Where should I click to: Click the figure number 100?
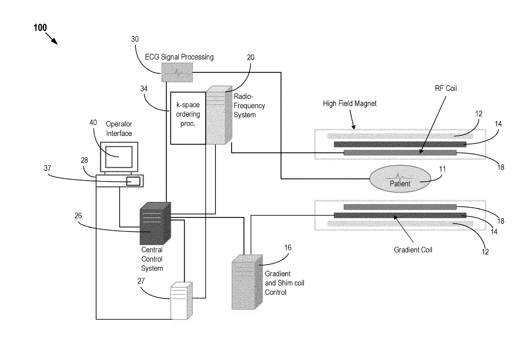click(x=40, y=28)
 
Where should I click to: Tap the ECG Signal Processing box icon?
click(x=177, y=72)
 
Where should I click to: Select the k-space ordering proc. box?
click(x=188, y=118)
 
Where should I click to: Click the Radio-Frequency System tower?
click(x=219, y=115)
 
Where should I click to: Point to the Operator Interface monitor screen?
click(x=119, y=157)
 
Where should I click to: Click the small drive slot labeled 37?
click(x=133, y=181)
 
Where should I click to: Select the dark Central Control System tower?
click(x=155, y=223)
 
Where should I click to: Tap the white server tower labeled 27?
click(x=182, y=301)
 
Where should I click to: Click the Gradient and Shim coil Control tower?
click(x=247, y=282)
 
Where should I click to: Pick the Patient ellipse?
click(x=400, y=179)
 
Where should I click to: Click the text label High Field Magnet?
click(x=350, y=103)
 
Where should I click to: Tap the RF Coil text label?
click(x=446, y=88)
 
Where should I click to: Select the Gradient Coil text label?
click(x=413, y=250)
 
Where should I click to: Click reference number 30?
click(x=135, y=39)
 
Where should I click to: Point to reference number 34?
click(x=144, y=89)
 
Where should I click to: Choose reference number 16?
click(x=288, y=248)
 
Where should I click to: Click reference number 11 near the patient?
click(x=442, y=169)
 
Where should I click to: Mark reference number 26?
click(x=78, y=216)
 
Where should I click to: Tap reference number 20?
click(x=250, y=58)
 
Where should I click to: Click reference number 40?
click(x=93, y=123)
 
